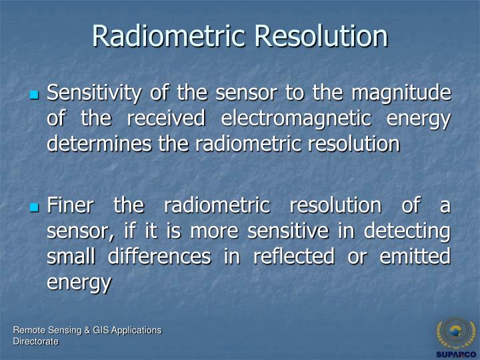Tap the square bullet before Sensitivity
[35, 96]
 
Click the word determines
[97, 144]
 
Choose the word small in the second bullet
[69, 257]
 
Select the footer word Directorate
[36, 341]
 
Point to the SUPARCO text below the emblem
[456, 354]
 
